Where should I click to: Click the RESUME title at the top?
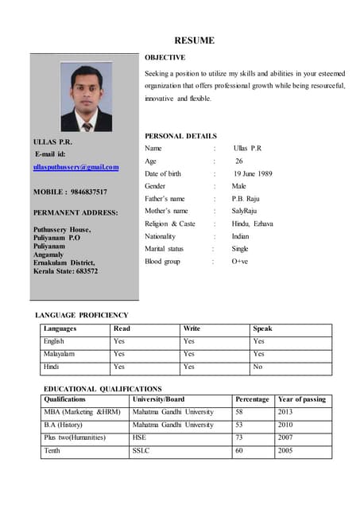195,41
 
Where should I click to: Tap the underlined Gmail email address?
75,167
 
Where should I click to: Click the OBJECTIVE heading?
165,57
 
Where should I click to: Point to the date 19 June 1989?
253,173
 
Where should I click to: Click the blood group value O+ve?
240,261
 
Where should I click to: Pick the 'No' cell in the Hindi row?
257,367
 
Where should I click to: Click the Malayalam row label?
60,354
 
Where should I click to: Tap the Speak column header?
262,328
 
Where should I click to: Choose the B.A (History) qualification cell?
66,425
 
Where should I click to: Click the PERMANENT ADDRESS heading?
75,213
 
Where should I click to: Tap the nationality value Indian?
240,236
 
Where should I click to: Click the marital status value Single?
240,249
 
